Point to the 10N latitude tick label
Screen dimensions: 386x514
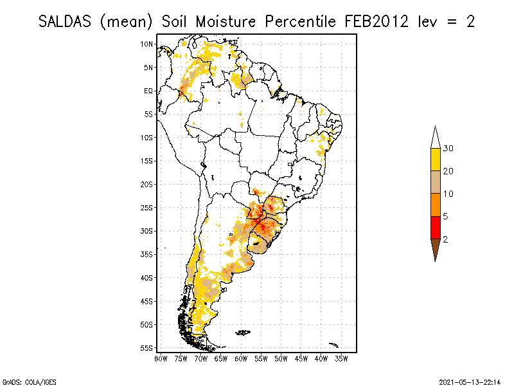(147, 44)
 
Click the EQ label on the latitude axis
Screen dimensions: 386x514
(148, 91)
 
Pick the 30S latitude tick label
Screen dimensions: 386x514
(147, 231)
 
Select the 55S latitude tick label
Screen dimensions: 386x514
(147, 347)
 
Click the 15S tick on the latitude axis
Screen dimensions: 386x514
(147, 161)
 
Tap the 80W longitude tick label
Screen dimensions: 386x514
(161, 358)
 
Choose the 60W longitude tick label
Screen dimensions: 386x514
(241, 358)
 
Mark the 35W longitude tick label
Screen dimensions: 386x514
(341, 358)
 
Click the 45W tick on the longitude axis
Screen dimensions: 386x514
(301, 358)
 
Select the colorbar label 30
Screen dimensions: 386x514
(448, 149)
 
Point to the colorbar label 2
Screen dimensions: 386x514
(445, 239)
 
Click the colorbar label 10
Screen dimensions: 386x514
(448, 194)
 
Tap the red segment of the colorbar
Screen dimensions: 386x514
(435, 227)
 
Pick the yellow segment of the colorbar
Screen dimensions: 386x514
(435, 160)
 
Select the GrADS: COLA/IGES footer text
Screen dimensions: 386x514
(22, 381)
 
